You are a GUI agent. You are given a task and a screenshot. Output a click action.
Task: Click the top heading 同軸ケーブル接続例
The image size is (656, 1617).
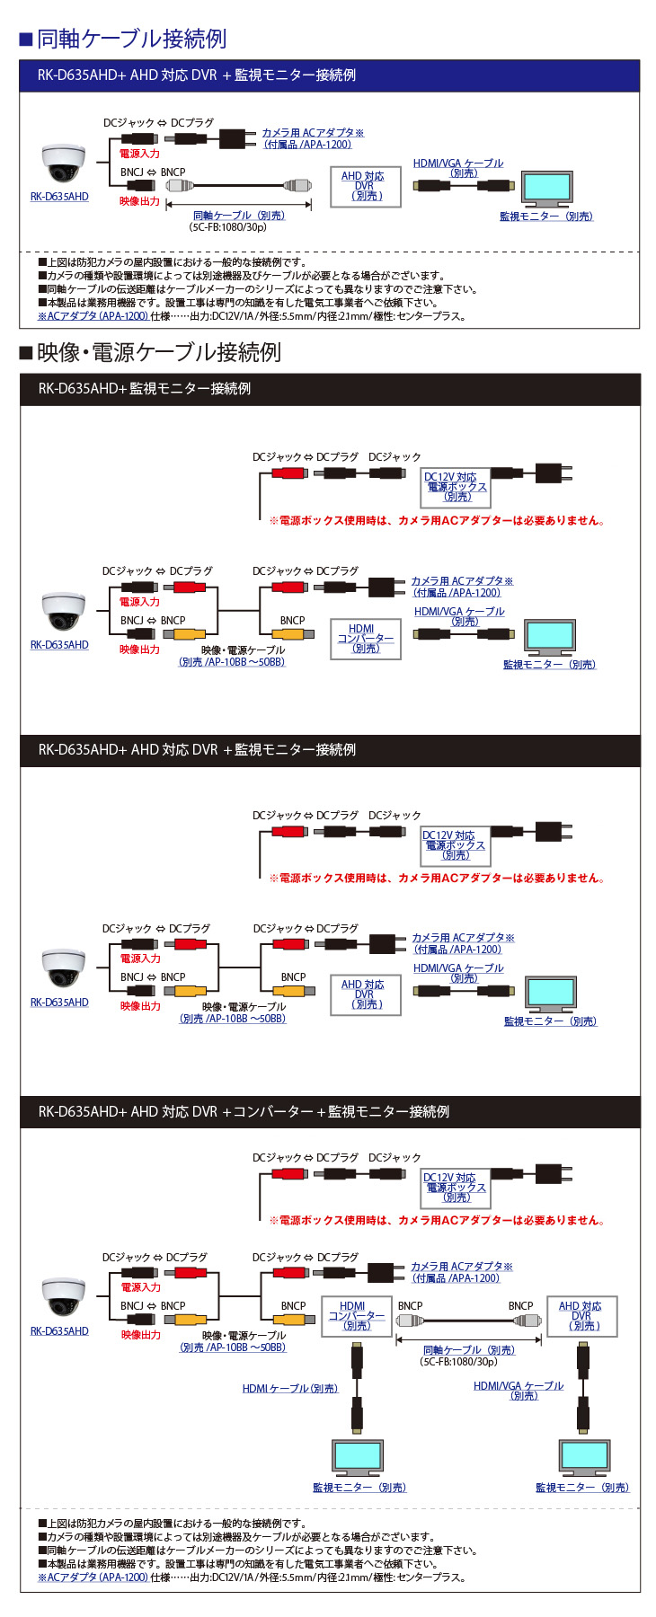pyautogui.click(x=131, y=39)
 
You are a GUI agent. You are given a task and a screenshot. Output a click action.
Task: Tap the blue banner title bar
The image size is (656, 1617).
pyautogui.click(x=329, y=75)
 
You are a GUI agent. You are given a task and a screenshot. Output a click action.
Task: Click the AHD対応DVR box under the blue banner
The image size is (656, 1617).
pyautogui.click(x=364, y=187)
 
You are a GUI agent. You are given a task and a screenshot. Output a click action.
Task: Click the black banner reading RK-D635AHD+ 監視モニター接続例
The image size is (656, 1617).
pyautogui.click(x=329, y=389)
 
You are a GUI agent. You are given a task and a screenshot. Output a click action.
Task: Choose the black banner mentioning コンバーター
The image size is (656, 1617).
pyautogui.click(x=329, y=1111)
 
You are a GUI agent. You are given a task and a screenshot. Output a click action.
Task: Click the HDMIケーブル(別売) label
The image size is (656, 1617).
pyautogui.click(x=289, y=1388)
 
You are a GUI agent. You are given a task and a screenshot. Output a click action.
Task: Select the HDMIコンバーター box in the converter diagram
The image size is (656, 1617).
pyautogui.click(x=356, y=1316)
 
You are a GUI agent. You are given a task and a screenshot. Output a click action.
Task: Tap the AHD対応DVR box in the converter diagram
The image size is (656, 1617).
pyautogui.click(x=581, y=1316)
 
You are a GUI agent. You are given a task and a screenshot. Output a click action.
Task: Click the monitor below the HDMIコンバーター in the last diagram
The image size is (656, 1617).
pyautogui.click(x=357, y=1457)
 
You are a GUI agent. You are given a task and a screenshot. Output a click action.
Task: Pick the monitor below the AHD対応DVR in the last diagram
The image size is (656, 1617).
pyautogui.click(x=583, y=1457)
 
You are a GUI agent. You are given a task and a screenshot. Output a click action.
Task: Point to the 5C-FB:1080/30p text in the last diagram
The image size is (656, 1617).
pyautogui.click(x=458, y=1362)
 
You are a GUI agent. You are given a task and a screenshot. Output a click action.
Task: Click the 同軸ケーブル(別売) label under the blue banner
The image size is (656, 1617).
pyautogui.click(x=238, y=216)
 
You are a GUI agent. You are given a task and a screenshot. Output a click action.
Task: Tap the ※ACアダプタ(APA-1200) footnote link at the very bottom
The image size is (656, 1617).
pyautogui.click(x=93, y=1577)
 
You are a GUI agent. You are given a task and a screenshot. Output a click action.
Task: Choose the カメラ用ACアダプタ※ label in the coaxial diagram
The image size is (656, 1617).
pyautogui.click(x=313, y=133)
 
